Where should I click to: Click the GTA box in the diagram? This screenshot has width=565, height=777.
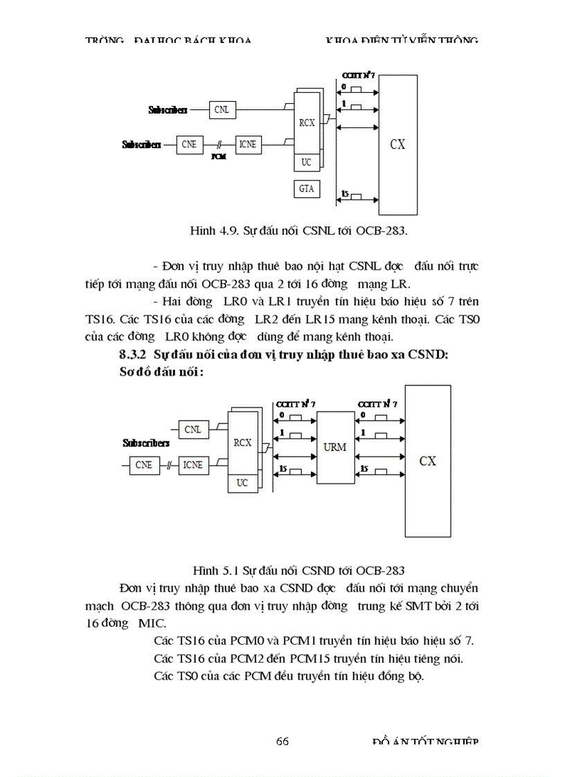click(306, 188)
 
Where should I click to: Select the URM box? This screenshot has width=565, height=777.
click(334, 447)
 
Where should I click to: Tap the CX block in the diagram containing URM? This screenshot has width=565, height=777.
click(427, 461)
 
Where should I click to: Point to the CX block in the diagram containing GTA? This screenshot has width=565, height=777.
click(397, 145)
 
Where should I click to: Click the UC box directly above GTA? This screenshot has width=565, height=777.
click(306, 163)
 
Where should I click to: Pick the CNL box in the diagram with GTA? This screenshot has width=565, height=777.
click(222, 109)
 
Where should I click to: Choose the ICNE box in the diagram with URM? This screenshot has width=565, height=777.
click(192, 465)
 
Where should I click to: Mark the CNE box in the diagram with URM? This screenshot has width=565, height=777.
click(144, 465)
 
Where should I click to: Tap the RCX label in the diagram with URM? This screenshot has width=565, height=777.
click(242, 443)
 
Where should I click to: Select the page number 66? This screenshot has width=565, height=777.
click(282, 741)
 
